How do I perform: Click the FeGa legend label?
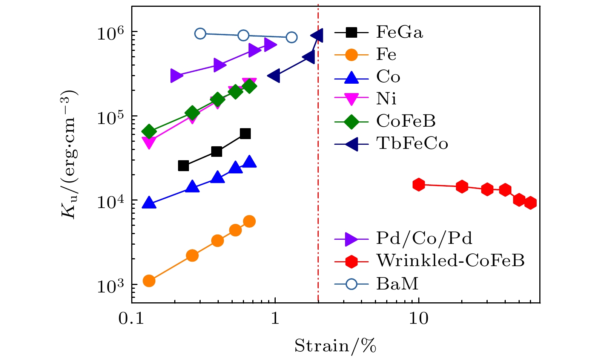pos(399,32)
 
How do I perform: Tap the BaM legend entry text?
pos(397,283)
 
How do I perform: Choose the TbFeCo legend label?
pos(412,143)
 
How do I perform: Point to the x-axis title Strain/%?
pos(335,346)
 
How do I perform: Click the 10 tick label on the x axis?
pos(418,319)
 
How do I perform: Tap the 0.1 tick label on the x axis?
pos(132,319)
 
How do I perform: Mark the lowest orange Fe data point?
pos(149,281)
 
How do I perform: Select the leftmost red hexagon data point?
pos(419,184)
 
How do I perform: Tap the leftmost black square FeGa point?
pos(183,165)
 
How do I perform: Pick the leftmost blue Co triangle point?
pos(149,203)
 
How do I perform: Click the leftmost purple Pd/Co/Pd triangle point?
pos(176,76)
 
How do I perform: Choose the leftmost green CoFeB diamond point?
pos(149,131)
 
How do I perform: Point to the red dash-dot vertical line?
pos(318,188)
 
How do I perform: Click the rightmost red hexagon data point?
pos(531,203)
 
